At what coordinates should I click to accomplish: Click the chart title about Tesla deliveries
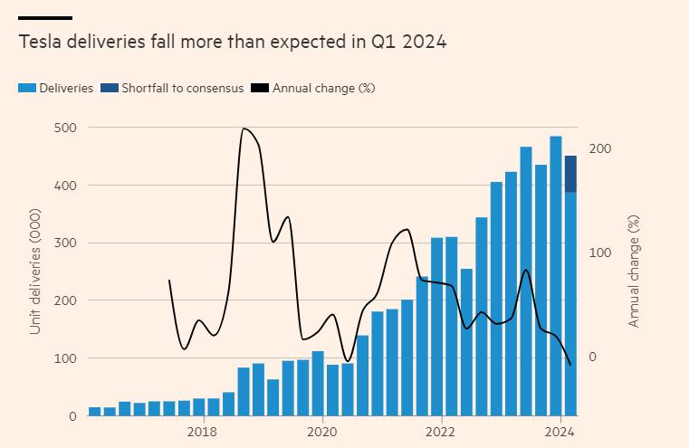pos(232,42)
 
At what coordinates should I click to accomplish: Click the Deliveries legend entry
pos(56,88)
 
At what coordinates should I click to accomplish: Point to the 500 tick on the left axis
pos(63,128)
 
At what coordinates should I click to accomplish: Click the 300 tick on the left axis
pos(63,243)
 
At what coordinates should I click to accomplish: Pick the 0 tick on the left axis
pos(71,415)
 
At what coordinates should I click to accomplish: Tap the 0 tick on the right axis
pos(595,357)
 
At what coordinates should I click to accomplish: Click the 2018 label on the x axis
pos(204,431)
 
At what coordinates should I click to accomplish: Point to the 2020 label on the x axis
pos(322,431)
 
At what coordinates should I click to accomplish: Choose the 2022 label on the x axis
pos(441,431)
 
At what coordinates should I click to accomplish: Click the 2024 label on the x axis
pos(560,431)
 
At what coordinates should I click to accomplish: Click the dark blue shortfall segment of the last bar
pos(570,174)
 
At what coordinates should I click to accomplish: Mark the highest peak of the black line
pos(244,129)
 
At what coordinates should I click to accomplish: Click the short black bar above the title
pos(44,18)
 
